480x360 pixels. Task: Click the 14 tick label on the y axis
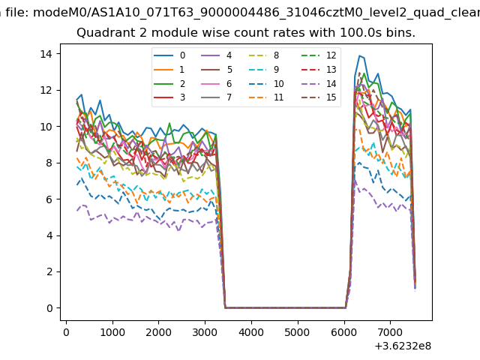(45, 54)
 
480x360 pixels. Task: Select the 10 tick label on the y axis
(45, 127)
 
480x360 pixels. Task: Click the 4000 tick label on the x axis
(251, 331)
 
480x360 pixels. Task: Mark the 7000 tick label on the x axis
(390, 331)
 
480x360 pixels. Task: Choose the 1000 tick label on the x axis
(112, 331)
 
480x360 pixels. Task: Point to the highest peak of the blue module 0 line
(360, 55)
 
